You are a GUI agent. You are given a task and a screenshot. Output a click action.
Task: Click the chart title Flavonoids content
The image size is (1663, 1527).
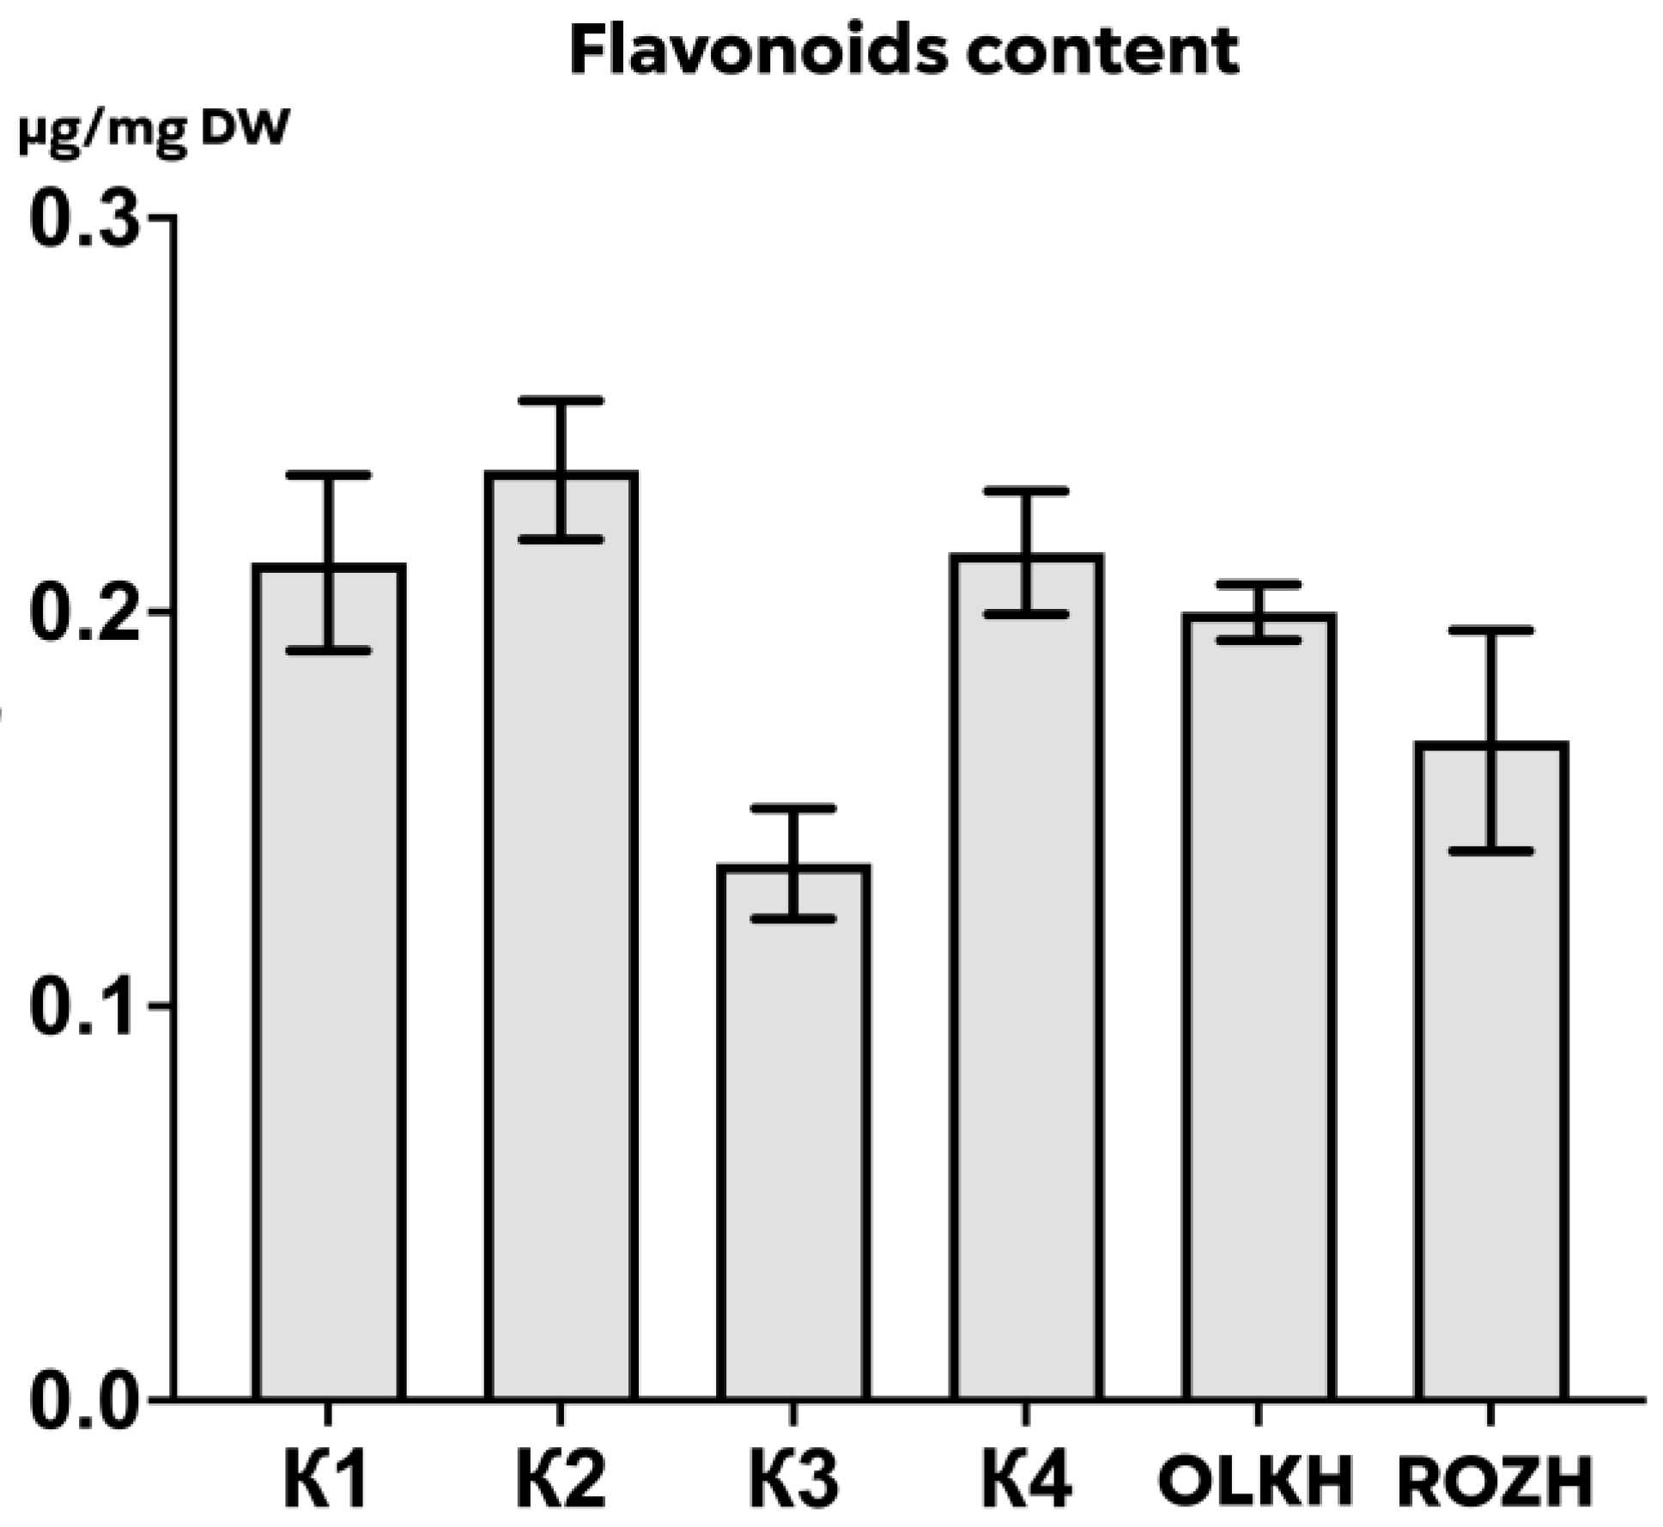click(903, 52)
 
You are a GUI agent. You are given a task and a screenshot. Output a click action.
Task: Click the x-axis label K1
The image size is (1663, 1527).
click(326, 1480)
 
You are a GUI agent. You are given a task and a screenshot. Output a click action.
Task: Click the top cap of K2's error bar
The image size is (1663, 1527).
click(561, 401)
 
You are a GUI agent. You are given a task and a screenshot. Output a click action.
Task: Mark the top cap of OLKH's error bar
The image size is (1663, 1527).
click(1259, 585)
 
